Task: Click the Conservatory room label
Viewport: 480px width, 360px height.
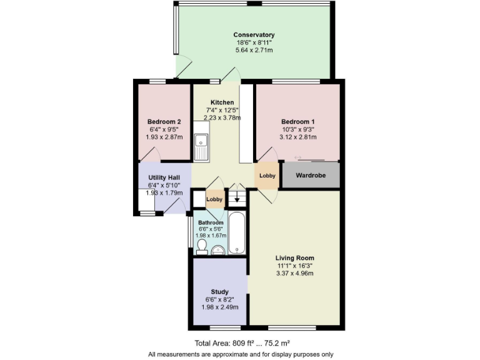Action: [254, 34]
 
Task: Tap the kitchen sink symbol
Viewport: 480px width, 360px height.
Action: [202, 146]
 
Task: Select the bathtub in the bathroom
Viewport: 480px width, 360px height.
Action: [237, 234]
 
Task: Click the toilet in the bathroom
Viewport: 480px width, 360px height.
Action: [201, 249]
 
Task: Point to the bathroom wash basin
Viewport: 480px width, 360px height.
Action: [218, 250]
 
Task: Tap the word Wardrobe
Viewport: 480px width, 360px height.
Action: [311, 176]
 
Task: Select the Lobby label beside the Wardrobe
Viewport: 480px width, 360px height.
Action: [267, 176]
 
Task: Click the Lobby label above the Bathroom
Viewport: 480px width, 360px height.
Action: [214, 199]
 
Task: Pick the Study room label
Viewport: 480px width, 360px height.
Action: [219, 292]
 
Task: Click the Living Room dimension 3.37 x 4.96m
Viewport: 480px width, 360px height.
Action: [296, 273]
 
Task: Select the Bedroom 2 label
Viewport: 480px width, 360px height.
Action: [164, 121]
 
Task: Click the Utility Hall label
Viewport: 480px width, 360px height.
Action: [164, 178]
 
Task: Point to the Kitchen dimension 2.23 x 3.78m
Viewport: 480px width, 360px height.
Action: [222, 117]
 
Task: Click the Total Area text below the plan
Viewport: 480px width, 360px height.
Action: [241, 343]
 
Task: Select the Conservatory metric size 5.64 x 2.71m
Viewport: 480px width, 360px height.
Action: [254, 50]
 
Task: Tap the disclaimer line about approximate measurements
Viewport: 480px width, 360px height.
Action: [241, 354]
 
